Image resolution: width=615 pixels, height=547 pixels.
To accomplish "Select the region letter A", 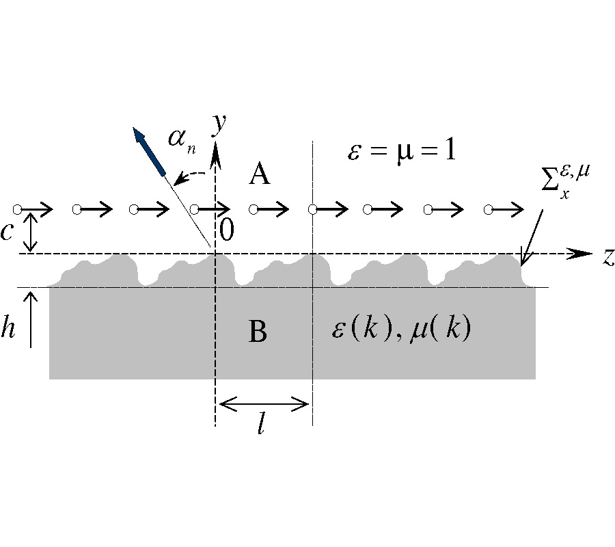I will point(259,176).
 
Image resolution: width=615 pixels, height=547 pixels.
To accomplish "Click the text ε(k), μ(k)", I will point(400,330).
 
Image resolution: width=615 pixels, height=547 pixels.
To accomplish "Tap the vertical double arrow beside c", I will point(29,231).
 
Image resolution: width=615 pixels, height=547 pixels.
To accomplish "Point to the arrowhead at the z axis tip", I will point(583,253).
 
